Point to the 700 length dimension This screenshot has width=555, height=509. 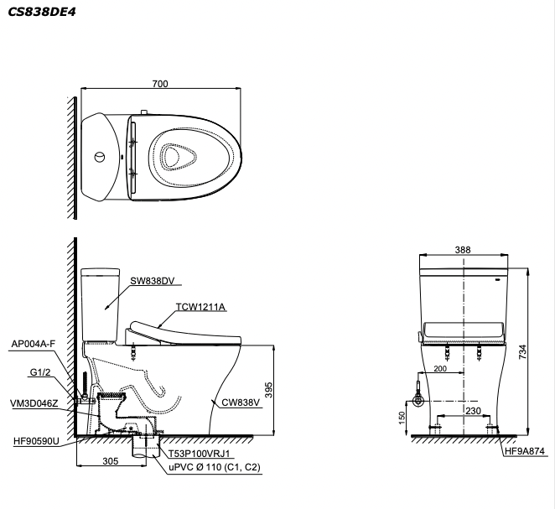pos(160,83)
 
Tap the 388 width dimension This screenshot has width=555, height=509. pos(464,249)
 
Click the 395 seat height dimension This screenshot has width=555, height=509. pos(285,392)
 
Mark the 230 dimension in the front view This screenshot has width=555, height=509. pos(473,411)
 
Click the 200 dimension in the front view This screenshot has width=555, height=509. pos(441,369)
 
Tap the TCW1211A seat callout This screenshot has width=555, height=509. pos(201,307)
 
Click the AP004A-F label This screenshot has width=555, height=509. pos(34,344)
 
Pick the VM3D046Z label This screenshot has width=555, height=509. pos(34,403)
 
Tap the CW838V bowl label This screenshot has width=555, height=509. pos(242,403)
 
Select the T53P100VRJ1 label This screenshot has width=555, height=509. pos(199,453)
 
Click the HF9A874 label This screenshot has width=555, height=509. pos(525,451)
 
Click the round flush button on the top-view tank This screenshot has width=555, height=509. pos(101,156)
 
